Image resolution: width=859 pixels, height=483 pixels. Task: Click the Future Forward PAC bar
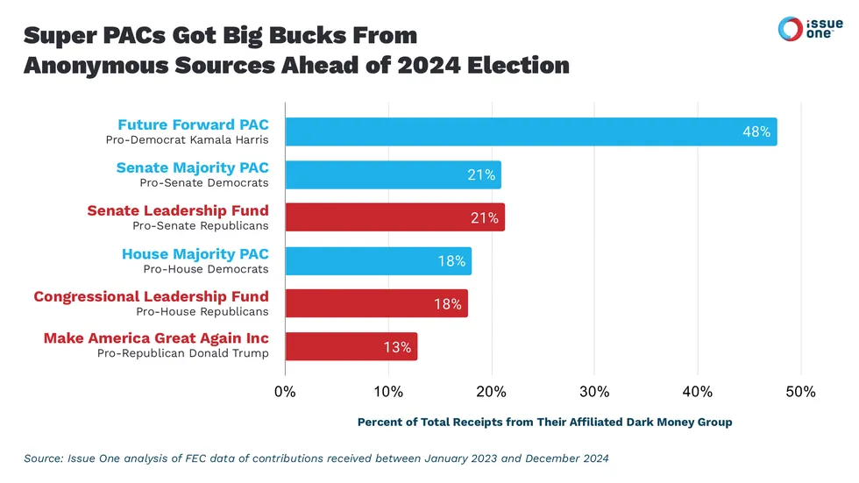[530, 131]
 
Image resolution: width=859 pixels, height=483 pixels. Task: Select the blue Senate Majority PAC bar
[393, 174]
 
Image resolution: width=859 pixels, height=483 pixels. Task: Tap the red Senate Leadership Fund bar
[394, 217]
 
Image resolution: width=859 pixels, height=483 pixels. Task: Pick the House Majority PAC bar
[378, 261]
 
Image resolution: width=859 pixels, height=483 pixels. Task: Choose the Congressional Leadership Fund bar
[376, 303]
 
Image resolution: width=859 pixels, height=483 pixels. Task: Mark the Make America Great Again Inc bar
[351, 346]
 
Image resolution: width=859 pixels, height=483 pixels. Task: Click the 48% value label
[756, 132]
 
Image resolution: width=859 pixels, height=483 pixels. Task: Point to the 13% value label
[397, 347]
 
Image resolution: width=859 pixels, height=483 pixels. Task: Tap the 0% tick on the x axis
[286, 391]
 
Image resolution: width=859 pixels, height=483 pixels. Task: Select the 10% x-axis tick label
[388, 391]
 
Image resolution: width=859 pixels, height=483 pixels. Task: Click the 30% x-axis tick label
[594, 391]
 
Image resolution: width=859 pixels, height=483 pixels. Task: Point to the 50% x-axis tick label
[800, 391]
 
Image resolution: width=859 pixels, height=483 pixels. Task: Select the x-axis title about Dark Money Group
[544, 422]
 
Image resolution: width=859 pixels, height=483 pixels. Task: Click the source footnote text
[316, 457]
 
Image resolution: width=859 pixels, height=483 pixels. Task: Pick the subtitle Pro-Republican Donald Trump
[182, 353]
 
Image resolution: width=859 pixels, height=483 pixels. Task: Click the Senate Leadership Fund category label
[178, 210]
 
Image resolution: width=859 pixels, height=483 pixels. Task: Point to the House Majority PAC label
[195, 253]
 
